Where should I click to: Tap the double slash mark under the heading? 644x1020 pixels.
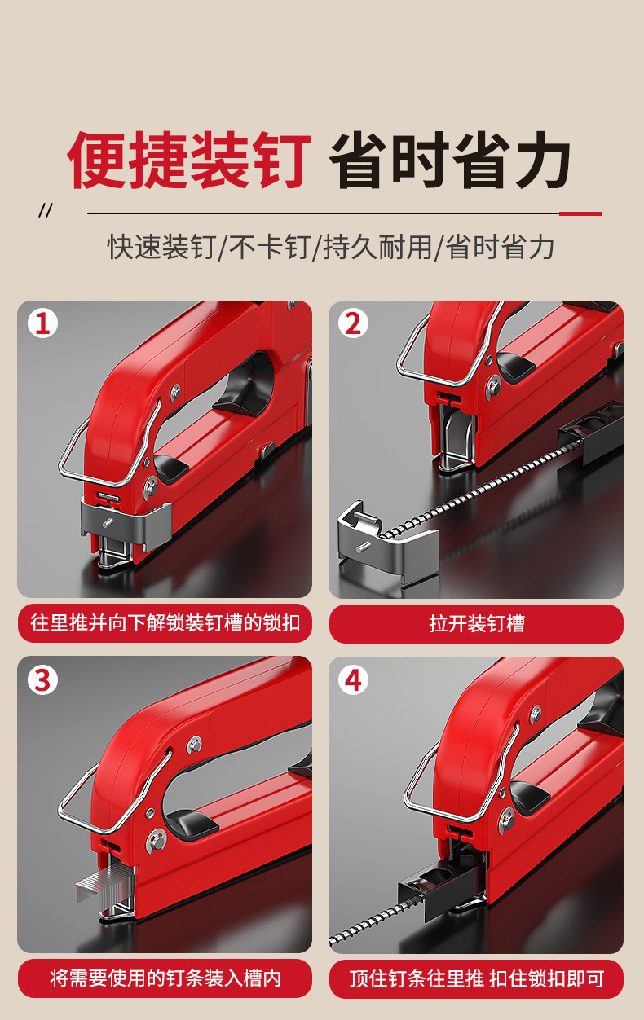(x=46, y=211)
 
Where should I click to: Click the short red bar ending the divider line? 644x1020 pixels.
(x=580, y=213)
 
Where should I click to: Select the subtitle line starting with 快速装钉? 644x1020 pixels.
(x=330, y=247)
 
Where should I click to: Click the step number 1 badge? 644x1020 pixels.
(x=43, y=323)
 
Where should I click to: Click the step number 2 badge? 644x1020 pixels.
(x=353, y=323)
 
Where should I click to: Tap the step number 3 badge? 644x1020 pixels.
(x=43, y=679)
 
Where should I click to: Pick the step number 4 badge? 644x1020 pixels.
(x=353, y=679)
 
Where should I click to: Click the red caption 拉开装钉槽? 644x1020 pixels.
(x=476, y=624)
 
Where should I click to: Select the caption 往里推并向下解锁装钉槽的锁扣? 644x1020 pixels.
(x=165, y=624)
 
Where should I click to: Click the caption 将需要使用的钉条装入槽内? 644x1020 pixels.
(x=165, y=978)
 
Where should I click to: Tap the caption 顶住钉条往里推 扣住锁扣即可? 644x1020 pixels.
(x=476, y=978)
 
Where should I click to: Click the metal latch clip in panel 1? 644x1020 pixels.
(x=126, y=522)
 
